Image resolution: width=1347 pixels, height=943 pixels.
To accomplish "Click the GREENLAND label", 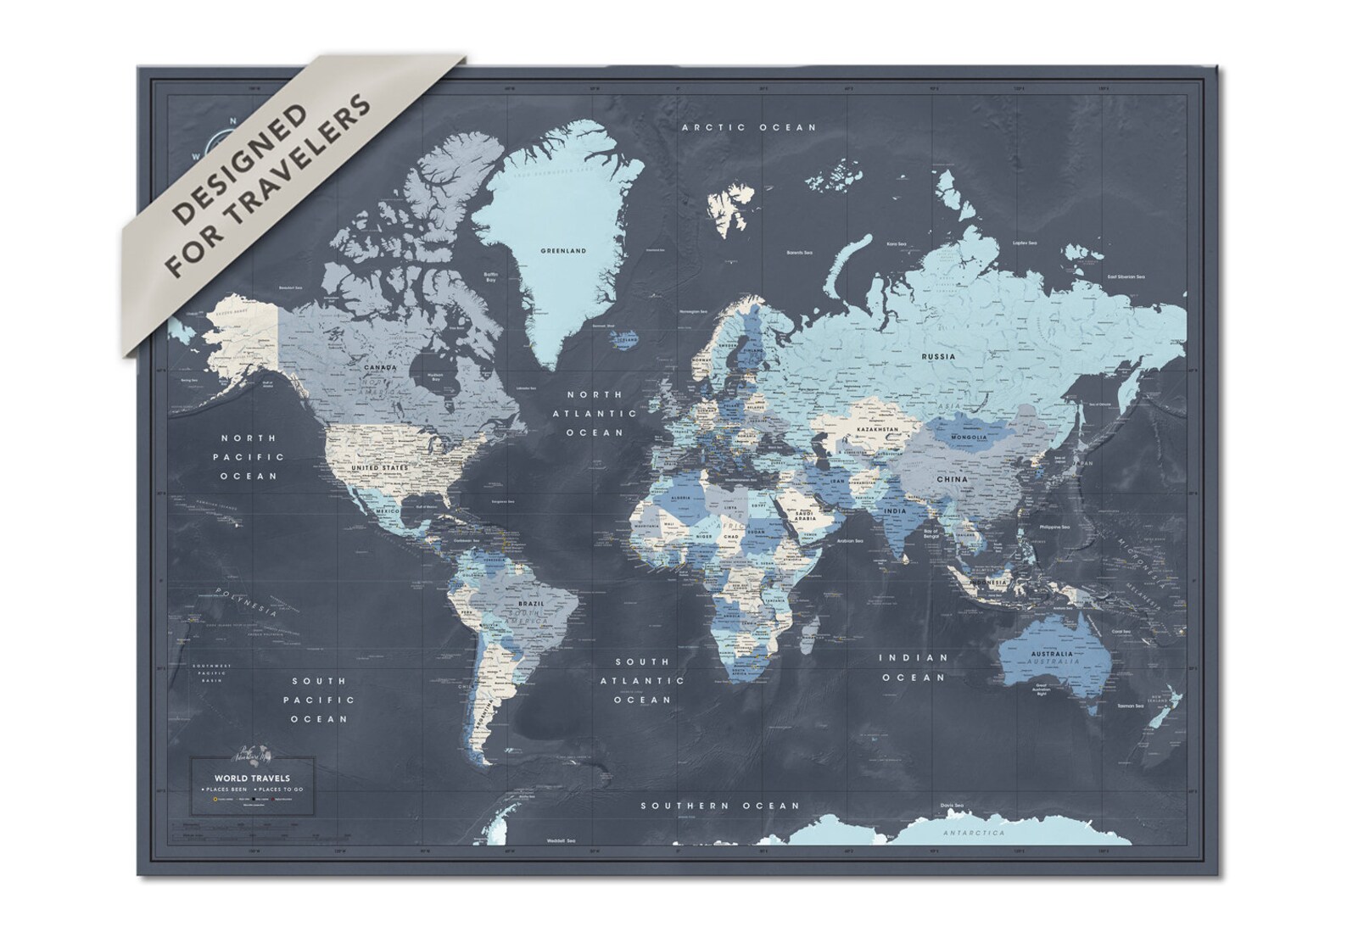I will tap(564, 251).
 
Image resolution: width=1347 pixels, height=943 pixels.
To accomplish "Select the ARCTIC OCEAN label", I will tap(749, 127).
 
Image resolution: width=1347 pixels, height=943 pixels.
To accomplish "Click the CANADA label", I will tap(381, 368).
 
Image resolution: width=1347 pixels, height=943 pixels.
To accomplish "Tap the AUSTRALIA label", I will tap(1052, 654).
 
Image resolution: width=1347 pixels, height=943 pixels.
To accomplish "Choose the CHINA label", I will tap(952, 479).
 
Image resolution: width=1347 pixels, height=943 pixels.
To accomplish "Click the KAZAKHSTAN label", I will tap(876, 430).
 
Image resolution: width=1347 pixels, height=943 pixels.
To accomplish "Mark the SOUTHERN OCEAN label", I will tap(720, 806).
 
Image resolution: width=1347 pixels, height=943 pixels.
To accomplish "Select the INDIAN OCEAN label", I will tap(912, 667).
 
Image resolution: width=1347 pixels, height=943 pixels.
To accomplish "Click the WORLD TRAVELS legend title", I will tap(252, 778).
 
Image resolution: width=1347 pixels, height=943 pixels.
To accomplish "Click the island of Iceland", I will tap(626, 338).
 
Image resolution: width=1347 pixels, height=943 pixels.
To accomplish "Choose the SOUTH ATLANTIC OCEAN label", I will tap(643, 680).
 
